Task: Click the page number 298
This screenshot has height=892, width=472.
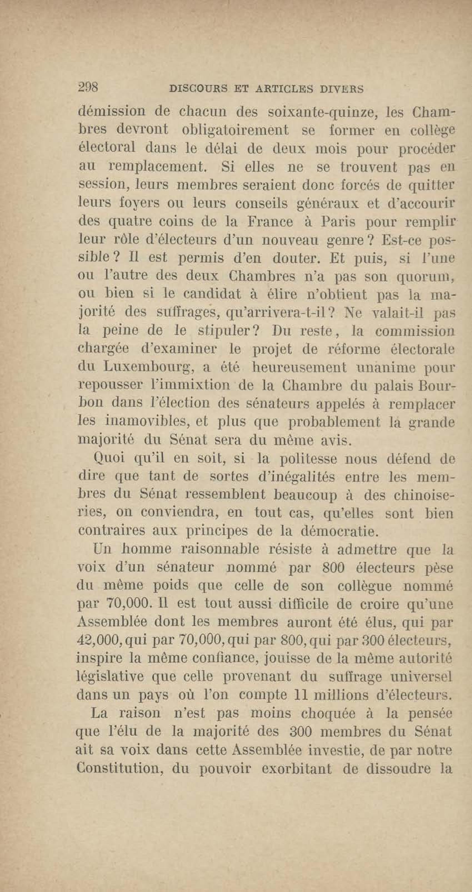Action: tap(88, 87)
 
